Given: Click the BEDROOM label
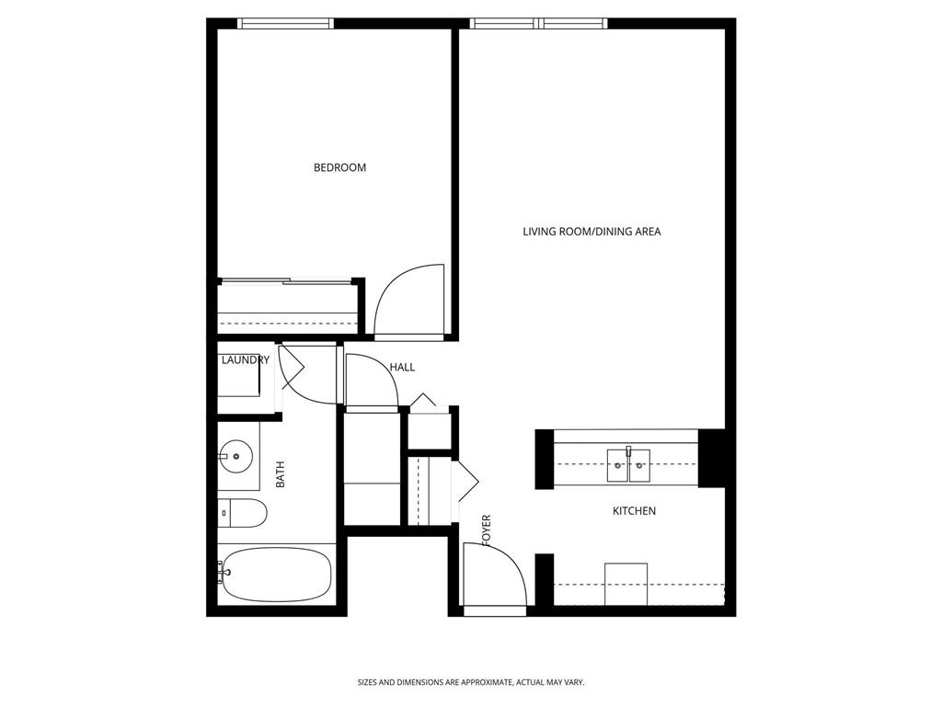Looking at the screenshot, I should tap(339, 167).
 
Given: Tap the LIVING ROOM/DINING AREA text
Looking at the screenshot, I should tap(592, 232).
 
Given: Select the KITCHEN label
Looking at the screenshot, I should tap(634, 510).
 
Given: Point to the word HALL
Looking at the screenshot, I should tap(402, 367).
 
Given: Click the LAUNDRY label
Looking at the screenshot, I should tap(245, 360).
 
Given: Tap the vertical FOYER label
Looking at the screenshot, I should tap(487, 531).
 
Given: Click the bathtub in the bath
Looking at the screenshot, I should tap(276, 575).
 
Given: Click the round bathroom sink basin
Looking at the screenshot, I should tap(238, 454).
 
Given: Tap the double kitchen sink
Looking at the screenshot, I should tap(628, 465).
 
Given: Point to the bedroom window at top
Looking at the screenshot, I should tap(284, 24).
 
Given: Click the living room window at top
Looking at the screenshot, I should tap(538, 24).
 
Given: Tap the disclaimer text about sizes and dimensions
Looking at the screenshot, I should tap(471, 682).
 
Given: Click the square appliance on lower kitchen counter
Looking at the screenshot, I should tap(626, 584).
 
